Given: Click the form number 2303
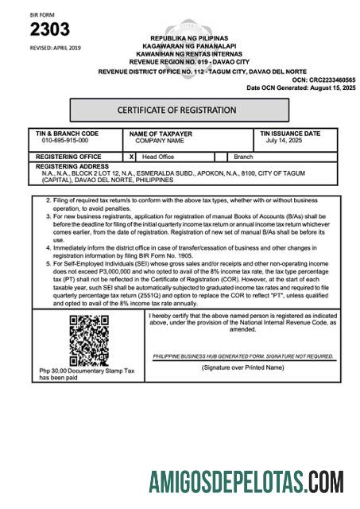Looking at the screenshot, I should [50, 30].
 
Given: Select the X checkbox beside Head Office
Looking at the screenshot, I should [131, 157].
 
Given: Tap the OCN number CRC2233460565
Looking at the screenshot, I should [327, 80].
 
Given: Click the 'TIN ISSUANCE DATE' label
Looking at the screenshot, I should [290, 134].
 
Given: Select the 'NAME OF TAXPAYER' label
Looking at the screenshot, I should [160, 134].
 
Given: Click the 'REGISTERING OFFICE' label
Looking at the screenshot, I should [68, 157].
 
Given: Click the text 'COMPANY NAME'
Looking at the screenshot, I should [159, 140].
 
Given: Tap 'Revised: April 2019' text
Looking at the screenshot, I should [55, 49].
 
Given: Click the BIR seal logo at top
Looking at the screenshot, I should [180, 26].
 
